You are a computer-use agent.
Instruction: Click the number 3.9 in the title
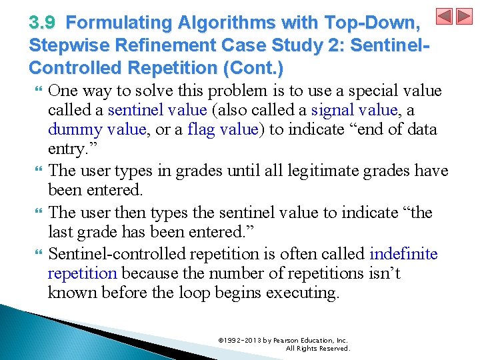point(43,23)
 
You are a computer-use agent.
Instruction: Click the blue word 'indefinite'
point(403,254)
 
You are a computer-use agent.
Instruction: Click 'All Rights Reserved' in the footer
point(317,349)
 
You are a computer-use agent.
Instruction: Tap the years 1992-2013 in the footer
point(241,340)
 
